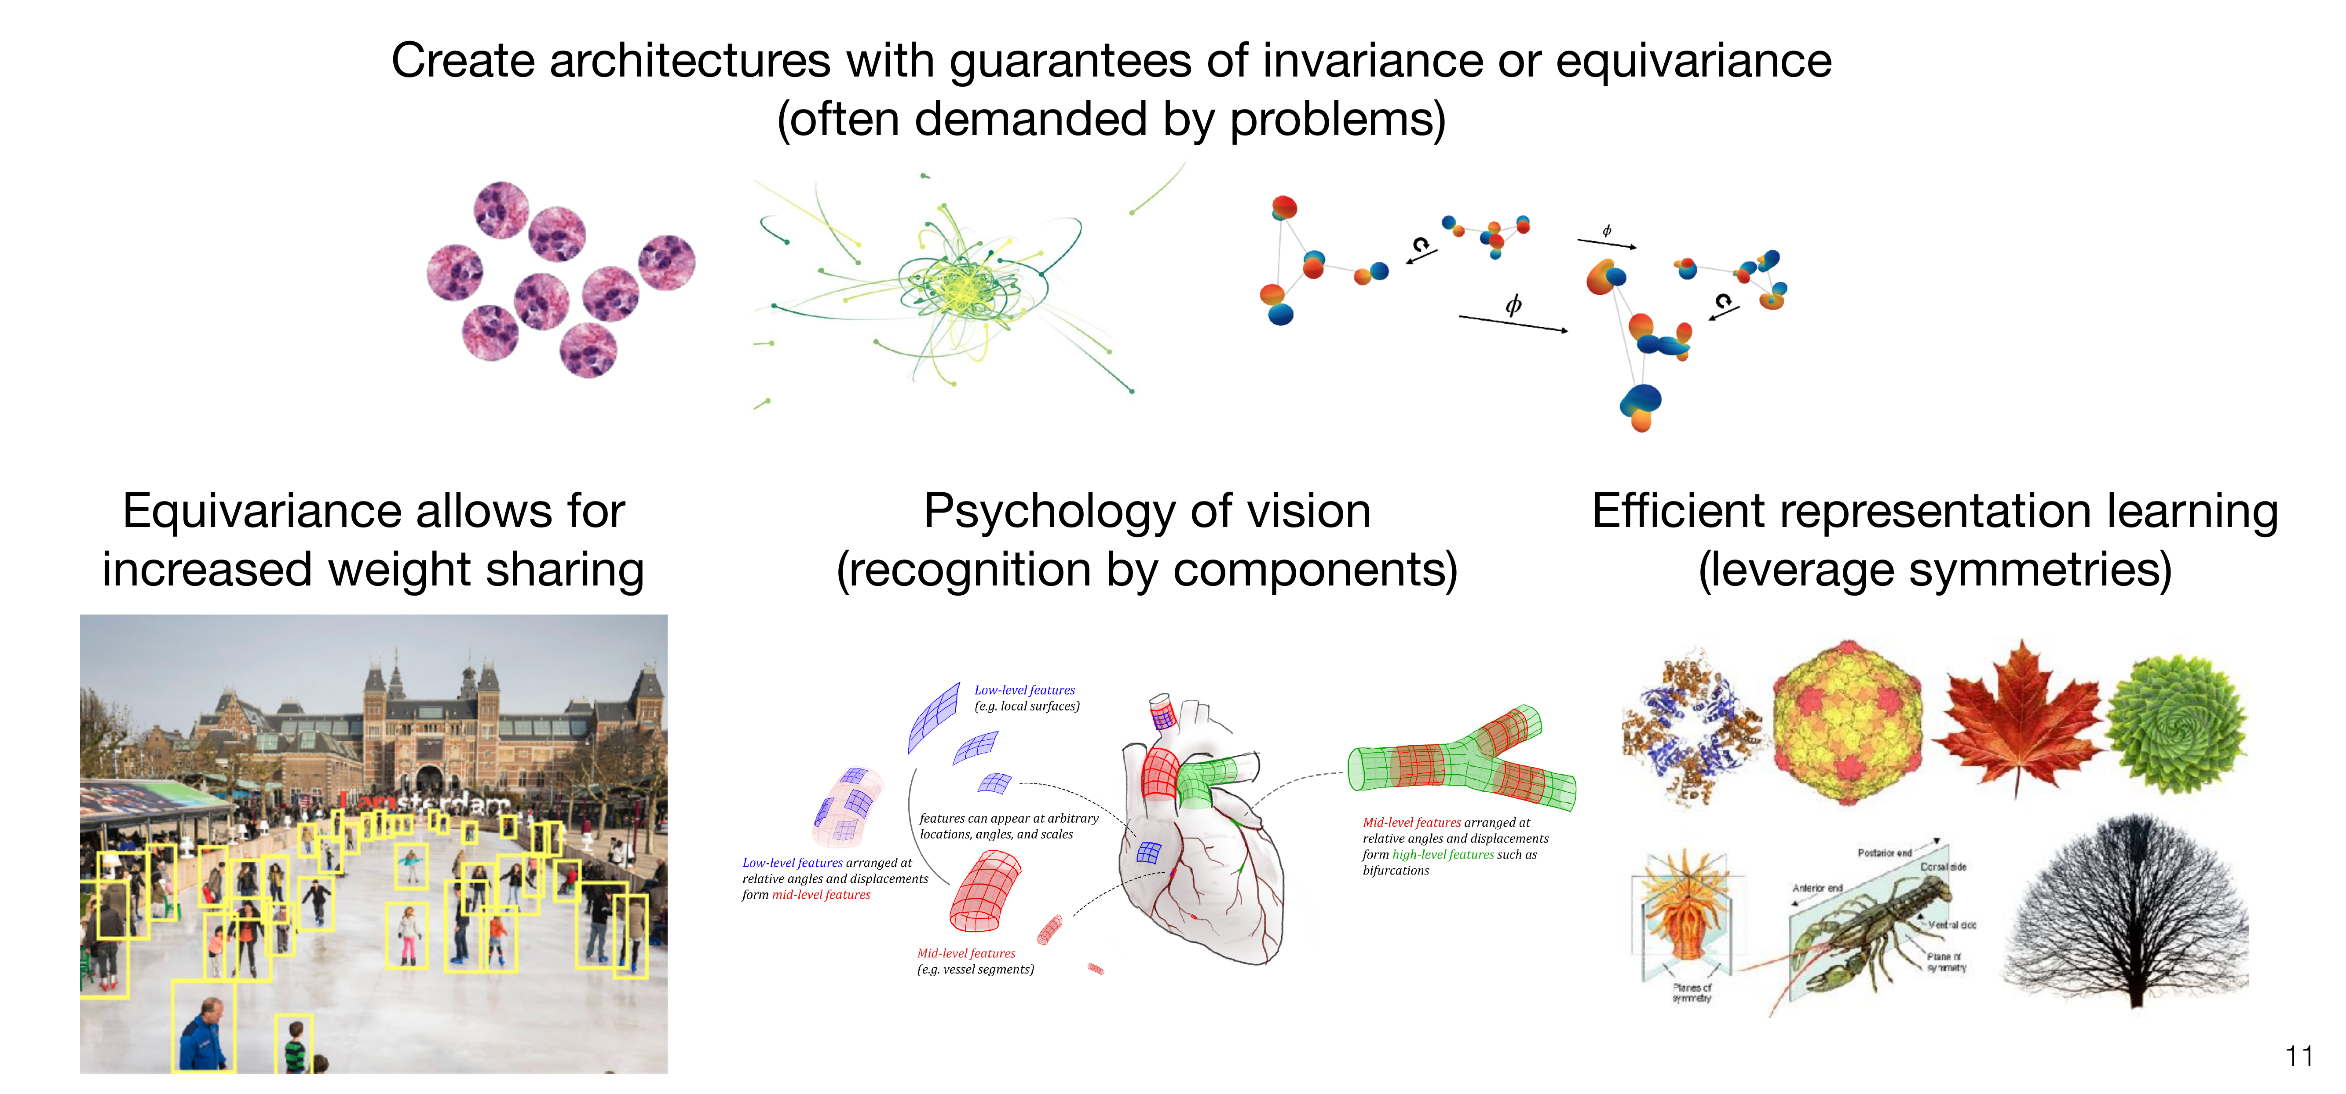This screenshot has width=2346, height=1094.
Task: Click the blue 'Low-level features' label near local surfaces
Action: point(1024,691)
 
